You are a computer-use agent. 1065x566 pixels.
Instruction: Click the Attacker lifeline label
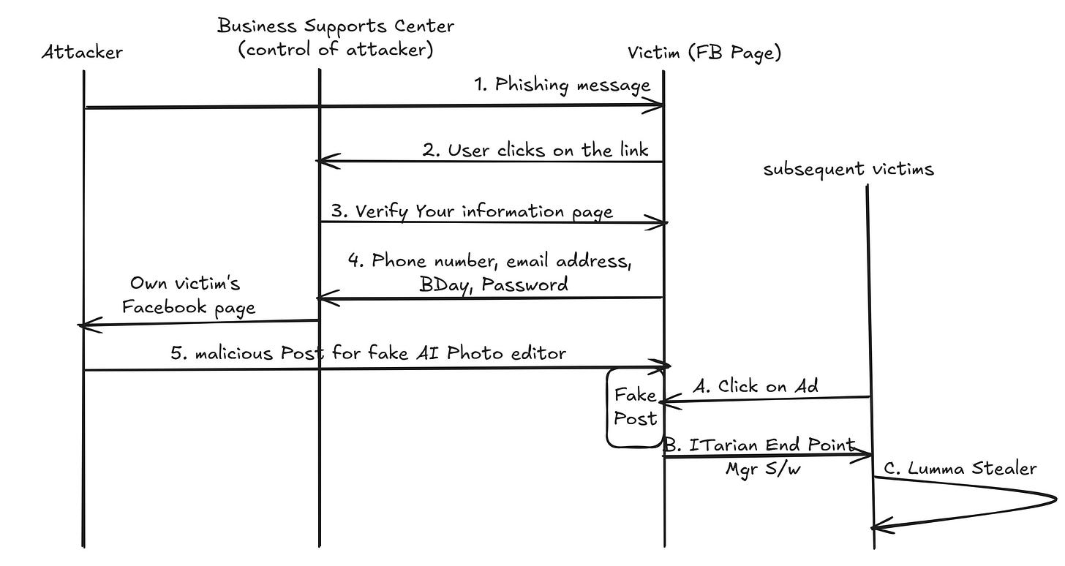81,52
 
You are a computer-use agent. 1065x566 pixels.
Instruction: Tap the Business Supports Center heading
336,27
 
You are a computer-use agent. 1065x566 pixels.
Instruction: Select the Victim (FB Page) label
704,53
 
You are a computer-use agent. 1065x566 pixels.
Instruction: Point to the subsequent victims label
848,170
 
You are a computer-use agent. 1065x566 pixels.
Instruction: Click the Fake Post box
634,407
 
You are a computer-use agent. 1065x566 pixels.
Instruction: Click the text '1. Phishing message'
562,85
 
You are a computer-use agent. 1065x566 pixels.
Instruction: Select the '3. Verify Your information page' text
472,211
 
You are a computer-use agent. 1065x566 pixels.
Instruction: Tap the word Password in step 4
531,284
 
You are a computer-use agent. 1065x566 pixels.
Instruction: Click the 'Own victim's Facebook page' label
188,295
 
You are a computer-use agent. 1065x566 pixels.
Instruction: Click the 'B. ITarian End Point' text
759,445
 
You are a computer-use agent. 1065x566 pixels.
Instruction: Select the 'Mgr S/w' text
763,469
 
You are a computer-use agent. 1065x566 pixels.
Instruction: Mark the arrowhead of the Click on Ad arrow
663,401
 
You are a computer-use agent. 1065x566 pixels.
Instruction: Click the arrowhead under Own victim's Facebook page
83,325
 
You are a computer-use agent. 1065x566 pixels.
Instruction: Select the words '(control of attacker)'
336,50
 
